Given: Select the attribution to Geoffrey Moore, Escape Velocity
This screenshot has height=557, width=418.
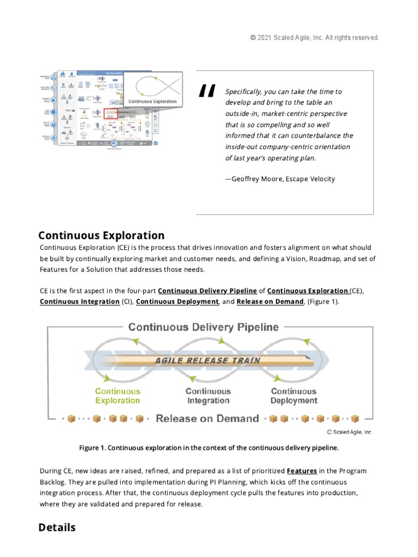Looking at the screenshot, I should tap(280, 179).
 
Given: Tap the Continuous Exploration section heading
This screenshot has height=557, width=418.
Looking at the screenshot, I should tap(101, 236).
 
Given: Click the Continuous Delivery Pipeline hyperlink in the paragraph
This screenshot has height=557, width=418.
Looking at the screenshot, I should tap(207, 291).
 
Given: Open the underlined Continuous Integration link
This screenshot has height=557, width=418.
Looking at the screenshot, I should tap(79, 302).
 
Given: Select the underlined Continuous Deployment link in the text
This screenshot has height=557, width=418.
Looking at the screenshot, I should tap(177, 302).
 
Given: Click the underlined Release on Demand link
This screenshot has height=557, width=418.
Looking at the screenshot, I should tap(270, 302).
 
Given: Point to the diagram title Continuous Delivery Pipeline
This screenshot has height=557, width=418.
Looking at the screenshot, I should tap(203, 327).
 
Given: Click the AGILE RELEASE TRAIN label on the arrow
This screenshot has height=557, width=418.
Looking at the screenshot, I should tap(208, 360).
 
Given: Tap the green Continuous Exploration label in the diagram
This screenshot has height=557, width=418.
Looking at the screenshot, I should tap(118, 396).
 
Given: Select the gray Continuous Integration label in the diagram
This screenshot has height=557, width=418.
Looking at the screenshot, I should tap(208, 396).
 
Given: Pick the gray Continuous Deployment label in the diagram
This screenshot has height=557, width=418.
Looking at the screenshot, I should tap(294, 396).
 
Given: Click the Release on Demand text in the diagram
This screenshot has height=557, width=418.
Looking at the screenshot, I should tap(207, 419).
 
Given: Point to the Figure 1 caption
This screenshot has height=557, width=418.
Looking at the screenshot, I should tap(209, 448).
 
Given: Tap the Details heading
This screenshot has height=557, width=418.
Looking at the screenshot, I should tap(57, 528).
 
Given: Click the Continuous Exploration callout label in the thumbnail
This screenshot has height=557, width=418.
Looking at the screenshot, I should tap(152, 102).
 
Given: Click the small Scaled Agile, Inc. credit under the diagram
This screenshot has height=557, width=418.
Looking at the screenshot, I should tap(349, 432).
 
